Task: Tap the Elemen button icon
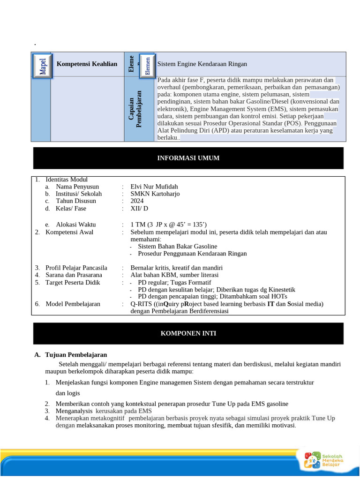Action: click(147, 65)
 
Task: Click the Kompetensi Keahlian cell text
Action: click(87, 64)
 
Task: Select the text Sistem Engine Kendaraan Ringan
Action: click(202, 64)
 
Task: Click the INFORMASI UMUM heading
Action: click(188, 158)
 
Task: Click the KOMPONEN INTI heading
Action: click(188, 333)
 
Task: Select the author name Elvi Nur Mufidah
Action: click(154, 187)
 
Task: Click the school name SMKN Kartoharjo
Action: click(155, 194)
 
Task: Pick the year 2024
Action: click(137, 201)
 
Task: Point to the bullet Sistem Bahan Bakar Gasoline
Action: click(177, 246)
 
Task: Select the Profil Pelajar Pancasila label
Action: click(76, 268)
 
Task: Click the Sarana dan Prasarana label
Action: click(74, 275)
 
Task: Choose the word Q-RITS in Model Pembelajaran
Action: click(141, 304)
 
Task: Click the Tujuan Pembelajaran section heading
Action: click(76, 355)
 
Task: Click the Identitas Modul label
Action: click(66, 180)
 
